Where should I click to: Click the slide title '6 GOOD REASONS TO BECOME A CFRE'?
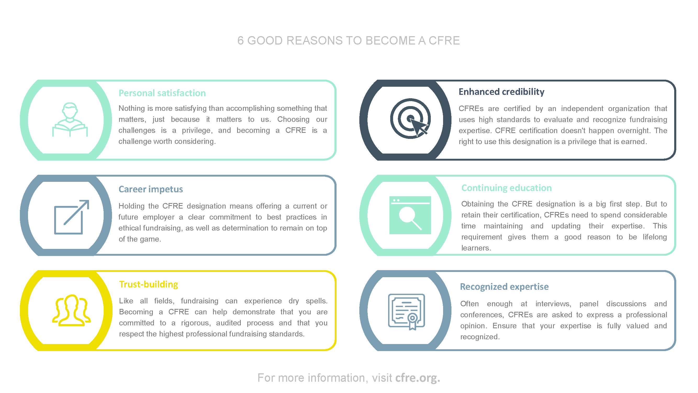click(x=348, y=41)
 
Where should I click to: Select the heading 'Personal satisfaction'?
click(x=162, y=93)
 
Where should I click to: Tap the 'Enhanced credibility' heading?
click(x=501, y=92)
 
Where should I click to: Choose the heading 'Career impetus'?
click(x=151, y=189)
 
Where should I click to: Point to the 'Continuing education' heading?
click(x=506, y=188)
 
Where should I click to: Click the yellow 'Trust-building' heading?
click(x=148, y=284)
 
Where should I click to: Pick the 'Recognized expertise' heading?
click(x=504, y=286)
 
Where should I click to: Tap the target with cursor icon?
click(x=410, y=118)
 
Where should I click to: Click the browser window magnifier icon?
click(x=410, y=215)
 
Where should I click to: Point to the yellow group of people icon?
click(x=71, y=310)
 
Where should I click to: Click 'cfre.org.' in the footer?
click(x=417, y=378)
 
